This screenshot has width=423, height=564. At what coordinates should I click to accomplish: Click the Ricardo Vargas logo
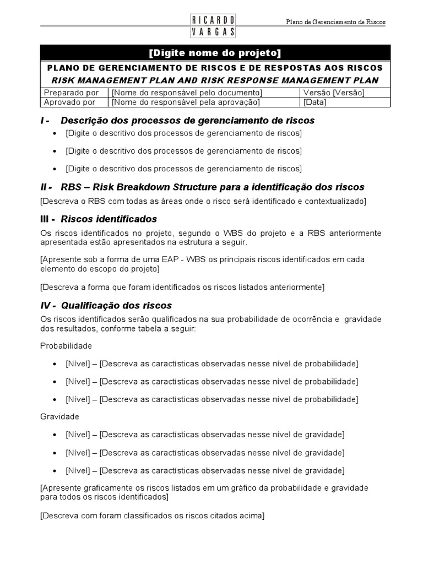pyautogui.click(x=213, y=25)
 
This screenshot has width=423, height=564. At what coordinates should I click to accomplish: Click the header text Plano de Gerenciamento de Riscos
pyautogui.click(x=336, y=22)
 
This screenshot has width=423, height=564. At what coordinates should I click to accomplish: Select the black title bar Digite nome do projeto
pyautogui.click(x=215, y=53)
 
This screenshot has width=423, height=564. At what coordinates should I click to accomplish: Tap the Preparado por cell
pyautogui.click(x=72, y=93)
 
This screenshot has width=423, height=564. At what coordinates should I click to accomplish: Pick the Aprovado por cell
pyautogui.click(x=71, y=102)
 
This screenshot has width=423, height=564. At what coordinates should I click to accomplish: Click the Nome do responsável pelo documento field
pyautogui.click(x=187, y=93)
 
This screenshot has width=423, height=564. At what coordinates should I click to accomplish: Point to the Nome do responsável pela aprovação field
pyautogui.click(x=186, y=102)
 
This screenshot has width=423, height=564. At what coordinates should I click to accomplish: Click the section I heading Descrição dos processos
pyautogui.click(x=187, y=120)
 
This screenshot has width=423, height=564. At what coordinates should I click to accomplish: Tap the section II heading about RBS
pyautogui.click(x=212, y=187)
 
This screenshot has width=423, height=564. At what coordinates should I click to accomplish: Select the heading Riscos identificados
pyautogui.click(x=109, y=219)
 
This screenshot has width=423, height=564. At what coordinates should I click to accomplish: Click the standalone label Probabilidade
pyautogui.click(x=66, y=346)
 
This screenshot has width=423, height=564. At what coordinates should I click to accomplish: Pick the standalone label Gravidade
pyautogui.click(x=59, y=416)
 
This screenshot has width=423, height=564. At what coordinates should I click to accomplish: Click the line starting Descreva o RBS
pyautogui.click(x=203, y=201)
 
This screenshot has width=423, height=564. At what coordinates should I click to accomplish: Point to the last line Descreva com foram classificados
pyautogui.click(x=152, y=516)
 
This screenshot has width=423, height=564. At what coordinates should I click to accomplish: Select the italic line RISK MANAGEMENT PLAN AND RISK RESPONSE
pyautogui.click(x=215, y=80)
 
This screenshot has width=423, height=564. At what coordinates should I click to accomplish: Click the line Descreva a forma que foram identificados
pyautogui.click(x=182, y=287)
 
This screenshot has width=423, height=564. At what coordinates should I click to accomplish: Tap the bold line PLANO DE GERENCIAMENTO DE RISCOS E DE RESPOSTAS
pyautogui.click(x=215, y=68)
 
